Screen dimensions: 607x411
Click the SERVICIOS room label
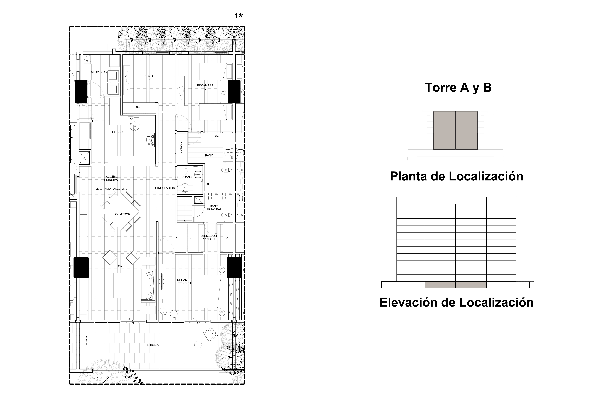[x=99, y=72]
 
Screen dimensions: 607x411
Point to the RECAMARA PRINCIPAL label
[x=185, y=282]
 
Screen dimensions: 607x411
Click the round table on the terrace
[x=198, y=345]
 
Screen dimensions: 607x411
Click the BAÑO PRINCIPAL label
[x=214, y=208]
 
